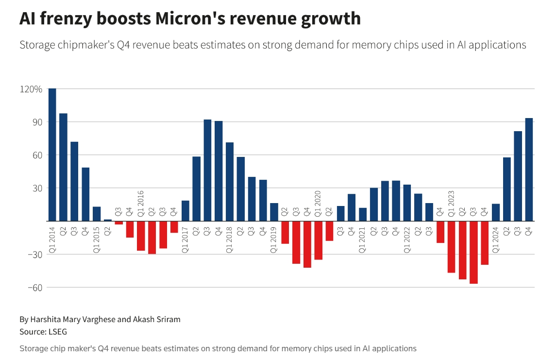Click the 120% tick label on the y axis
(31, 89)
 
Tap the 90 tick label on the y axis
(36, 122)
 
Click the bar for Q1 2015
(97, 214)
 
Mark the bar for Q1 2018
(230, 182)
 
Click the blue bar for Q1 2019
(274, 212)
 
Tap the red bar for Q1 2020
(318, 240)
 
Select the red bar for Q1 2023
(451, 247)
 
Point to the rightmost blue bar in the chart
(529, 170)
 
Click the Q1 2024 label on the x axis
(496, 240)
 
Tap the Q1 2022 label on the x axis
(407, 240)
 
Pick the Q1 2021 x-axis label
(362, 240)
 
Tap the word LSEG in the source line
(57, 332)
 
